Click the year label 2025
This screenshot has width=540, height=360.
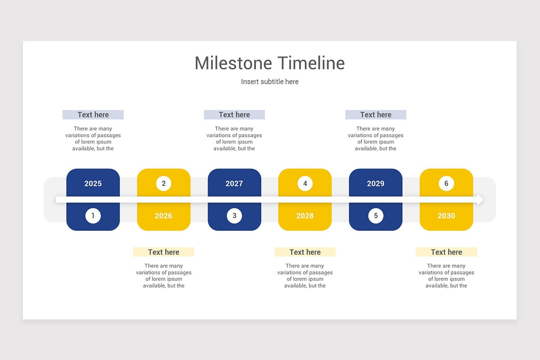tap(93, 184)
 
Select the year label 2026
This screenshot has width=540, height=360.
tap(163, 216)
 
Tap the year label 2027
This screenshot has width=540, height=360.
tap(234, 184)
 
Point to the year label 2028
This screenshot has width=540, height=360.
tap(305, 216)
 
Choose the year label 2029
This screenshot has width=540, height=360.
tap(375, 184)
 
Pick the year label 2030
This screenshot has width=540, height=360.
tap(446, 216)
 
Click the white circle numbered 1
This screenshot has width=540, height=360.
tap(93, 216)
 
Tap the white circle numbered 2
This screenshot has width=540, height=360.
tap(163, 184)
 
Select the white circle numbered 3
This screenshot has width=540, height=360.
tap(234, 216)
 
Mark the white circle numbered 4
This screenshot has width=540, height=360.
tap(305, 184)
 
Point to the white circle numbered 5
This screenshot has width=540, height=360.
tap(376, 216)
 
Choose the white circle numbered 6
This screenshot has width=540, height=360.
tap(446, 184)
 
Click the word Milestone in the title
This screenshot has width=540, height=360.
tap(234, 63)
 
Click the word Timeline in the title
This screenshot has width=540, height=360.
tap(311, 63)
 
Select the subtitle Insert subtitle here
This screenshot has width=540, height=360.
tap(270, 82)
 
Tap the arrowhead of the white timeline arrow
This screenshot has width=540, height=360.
tap(480, 200)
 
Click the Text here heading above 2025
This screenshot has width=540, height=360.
tap(93, 115)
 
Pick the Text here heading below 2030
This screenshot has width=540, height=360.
tap(446, 252)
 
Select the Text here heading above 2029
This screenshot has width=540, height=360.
tap(376, 115)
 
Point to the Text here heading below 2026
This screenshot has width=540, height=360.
tap(164, 252)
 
